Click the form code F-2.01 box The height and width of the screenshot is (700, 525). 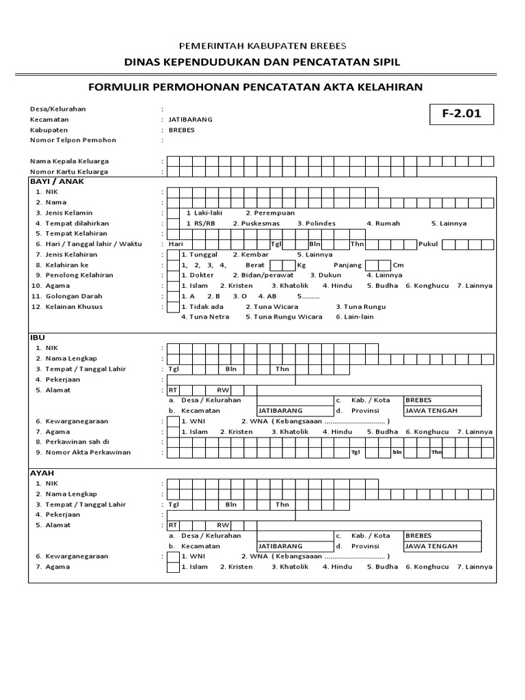(461, 114)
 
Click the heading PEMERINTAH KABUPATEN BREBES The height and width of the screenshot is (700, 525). (262, 46)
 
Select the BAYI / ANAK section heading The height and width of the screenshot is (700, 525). (57, 182)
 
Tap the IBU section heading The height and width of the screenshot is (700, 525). (36, 338)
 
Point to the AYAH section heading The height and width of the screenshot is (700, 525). (42, 473)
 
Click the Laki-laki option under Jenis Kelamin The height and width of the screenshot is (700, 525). (200, 213)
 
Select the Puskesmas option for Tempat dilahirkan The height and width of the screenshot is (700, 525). (255, 224)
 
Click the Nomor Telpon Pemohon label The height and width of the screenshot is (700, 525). (73, 140)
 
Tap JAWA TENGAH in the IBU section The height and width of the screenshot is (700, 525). (431, 411)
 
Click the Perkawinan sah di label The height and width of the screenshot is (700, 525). (77, 442)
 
